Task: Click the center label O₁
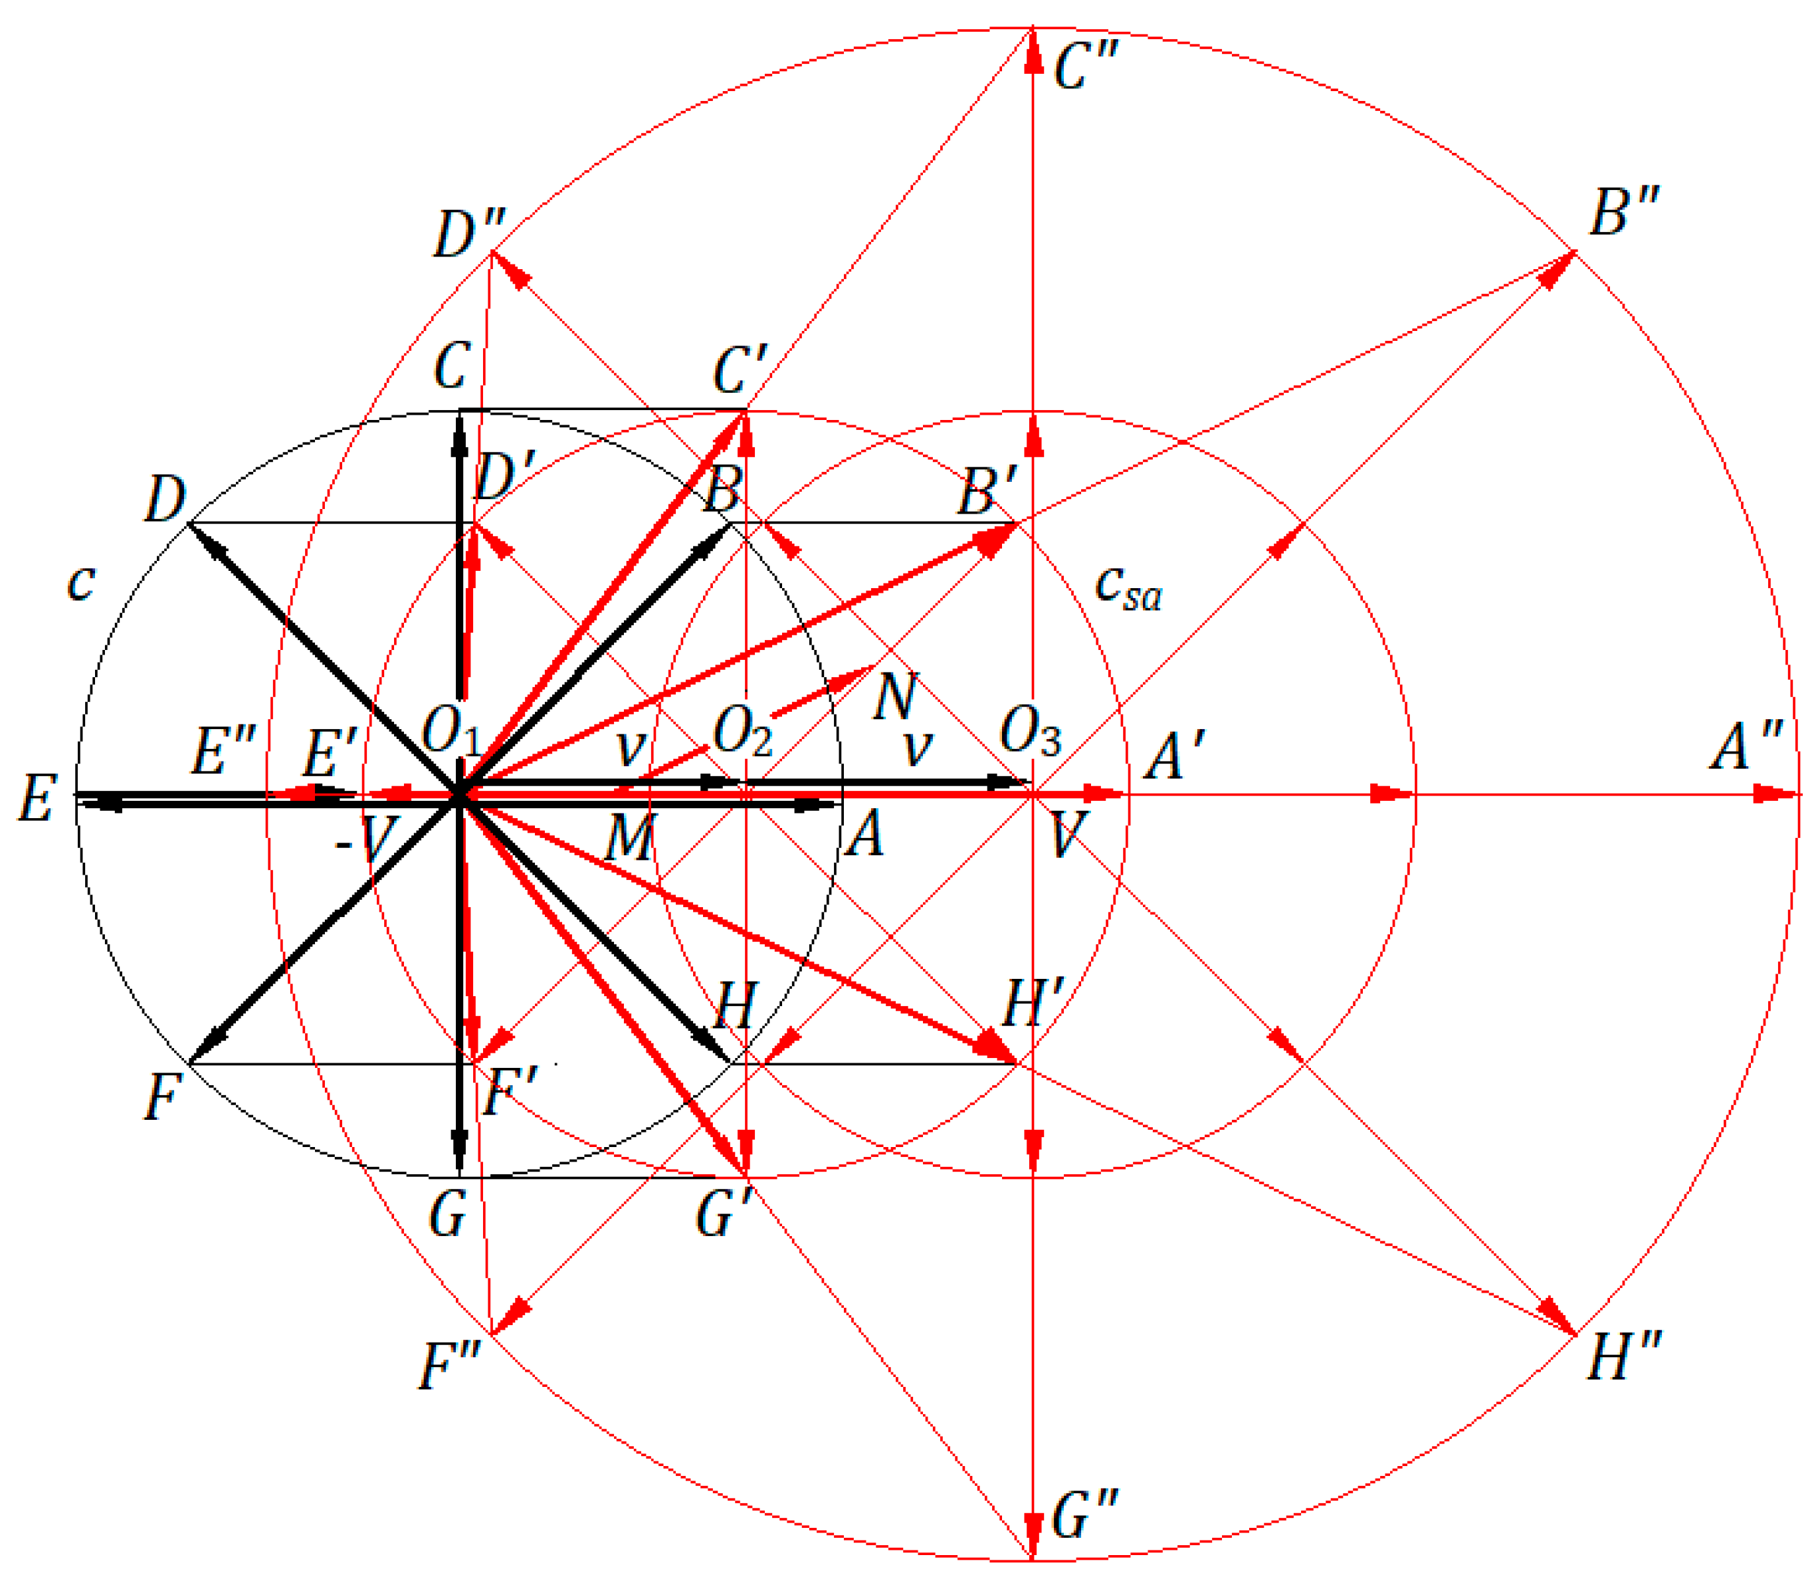click(x=451, y=732)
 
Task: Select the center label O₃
click(x=1029, y=732)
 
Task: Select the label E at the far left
click(x=38, y=798)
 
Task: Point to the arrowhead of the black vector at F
click(x=205, y=1047)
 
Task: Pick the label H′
click(x=1033, y=1002)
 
